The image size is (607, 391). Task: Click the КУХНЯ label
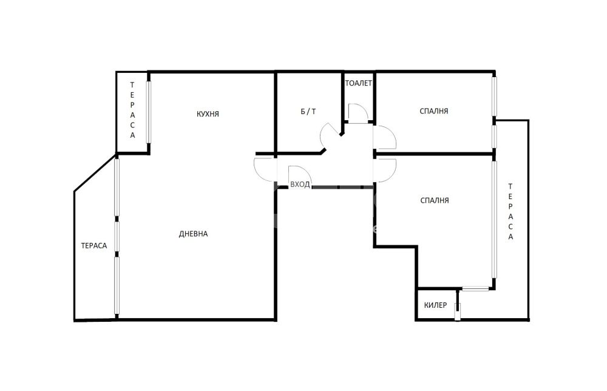[208, 114]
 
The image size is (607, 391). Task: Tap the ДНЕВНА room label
[193, 234]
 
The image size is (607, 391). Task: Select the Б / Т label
[308, 112]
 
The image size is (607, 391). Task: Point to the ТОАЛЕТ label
[359, 83]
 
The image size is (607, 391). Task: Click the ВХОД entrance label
[300, 185]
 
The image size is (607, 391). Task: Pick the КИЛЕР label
[435, 305]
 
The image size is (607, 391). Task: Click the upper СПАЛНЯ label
[434, 111]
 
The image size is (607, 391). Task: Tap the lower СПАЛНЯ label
[435, 200]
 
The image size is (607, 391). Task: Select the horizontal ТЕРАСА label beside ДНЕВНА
[94, 245]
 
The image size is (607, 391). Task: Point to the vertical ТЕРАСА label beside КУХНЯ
[132, 110]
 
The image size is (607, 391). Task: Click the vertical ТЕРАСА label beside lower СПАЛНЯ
[510, 211]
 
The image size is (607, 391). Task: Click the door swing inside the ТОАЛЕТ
[358, 113]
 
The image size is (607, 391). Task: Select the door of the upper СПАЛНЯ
[385, 137]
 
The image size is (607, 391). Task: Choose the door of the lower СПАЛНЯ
[385, 171]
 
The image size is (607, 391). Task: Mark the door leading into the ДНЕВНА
[266, 169]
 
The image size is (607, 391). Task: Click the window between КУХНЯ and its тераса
[148, 112]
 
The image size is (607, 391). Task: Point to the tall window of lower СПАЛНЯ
[494, 220]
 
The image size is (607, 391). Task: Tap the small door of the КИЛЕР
[458, 312]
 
